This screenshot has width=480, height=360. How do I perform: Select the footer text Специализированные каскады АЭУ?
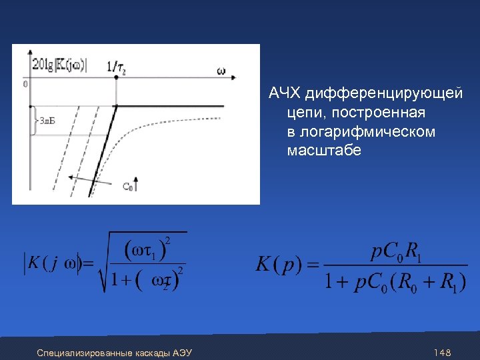[x=115, y=352]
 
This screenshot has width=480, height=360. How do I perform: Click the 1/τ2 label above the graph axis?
[x=116, y=66]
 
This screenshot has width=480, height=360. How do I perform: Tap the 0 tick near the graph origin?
[x=25, y=85]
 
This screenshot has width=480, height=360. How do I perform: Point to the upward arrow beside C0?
[x=136, y=181]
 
